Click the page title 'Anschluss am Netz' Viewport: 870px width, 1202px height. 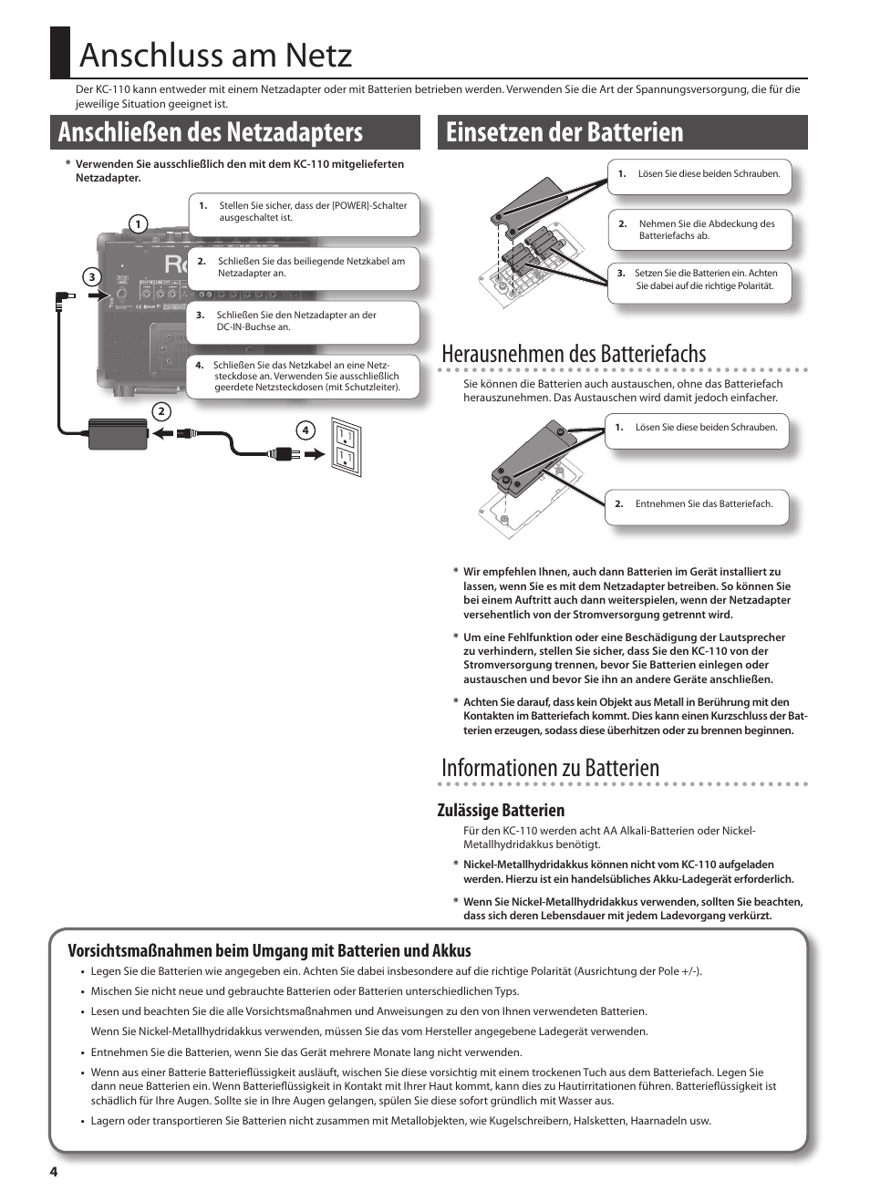[215, 56]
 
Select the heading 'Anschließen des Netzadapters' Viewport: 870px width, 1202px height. [211, 132]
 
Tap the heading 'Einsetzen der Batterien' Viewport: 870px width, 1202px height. [564, 132]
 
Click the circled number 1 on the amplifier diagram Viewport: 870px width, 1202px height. [139, 224]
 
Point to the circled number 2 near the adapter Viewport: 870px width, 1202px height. [161, 411]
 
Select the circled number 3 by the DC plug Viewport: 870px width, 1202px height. [91, 277]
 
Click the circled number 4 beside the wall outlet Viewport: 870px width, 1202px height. [306, 430]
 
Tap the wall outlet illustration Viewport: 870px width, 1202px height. [347, 447]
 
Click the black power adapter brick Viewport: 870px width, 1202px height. [118, 433]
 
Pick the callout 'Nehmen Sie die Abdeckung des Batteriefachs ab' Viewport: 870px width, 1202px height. [699, 230]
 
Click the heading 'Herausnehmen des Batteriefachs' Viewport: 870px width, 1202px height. [574, 354]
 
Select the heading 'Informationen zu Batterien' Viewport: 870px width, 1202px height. [550, 768]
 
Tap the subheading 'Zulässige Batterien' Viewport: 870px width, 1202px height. [501, 810]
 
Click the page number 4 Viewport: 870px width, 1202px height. [54, 1172]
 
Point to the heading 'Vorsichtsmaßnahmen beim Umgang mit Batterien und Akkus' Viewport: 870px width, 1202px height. [269, 950]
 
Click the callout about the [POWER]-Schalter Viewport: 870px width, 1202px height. [305, 212]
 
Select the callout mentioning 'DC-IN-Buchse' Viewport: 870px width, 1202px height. [303, 321]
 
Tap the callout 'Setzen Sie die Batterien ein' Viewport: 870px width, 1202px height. [699, 280]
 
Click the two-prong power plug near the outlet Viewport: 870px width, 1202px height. [285, 453]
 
